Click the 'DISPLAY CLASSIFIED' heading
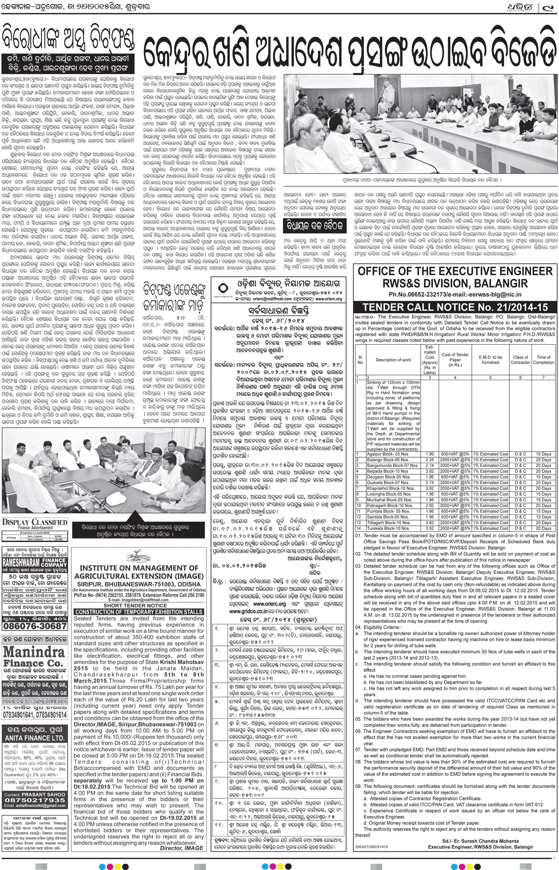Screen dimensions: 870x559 pyautogui.click(x=35, y=522)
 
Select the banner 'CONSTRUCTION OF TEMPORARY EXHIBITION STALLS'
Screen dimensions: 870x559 pyautogui.click(x=139, y=612)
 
